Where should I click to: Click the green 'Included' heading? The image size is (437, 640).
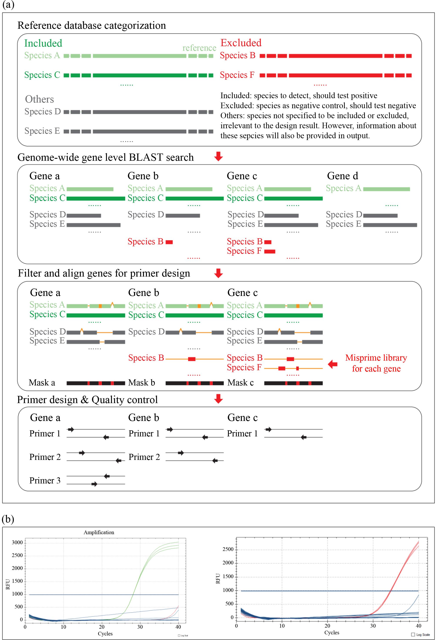pos(43,43)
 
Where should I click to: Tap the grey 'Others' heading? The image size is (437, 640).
pos(39,99)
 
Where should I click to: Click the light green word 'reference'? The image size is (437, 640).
pos(199,48)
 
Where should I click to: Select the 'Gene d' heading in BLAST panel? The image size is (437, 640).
pos(342,176)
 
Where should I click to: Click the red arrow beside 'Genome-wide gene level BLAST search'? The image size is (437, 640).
pos(218,156)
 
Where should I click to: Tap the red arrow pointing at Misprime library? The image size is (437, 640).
pos(333,364)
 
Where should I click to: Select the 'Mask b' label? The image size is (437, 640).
pos(141,383)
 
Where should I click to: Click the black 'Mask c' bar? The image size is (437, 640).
pos(293,383)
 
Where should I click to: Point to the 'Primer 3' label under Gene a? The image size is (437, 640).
pos(45,481)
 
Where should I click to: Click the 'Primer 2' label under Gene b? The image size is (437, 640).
pos(144,457)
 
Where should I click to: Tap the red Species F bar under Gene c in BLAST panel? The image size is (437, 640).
pos(270,251)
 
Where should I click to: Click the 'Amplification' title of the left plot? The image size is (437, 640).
pos(99,532)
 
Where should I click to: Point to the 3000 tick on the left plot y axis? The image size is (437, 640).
pos(17,542)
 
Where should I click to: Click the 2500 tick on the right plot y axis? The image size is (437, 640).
pos(228,549)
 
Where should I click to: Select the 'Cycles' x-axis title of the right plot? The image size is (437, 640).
pos(332,633)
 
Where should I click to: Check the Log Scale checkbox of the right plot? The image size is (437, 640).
pos(413,635)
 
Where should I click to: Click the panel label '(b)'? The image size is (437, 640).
pos(8,519)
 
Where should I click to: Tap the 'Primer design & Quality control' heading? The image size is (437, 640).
pos(87,400)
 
